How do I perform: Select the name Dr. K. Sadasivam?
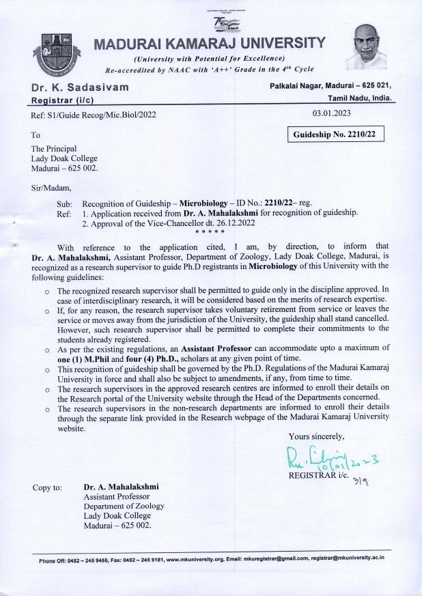(x=79, y=87)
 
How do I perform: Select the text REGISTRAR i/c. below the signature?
(x=318, y=473)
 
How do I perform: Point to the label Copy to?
(x=47, y=487)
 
